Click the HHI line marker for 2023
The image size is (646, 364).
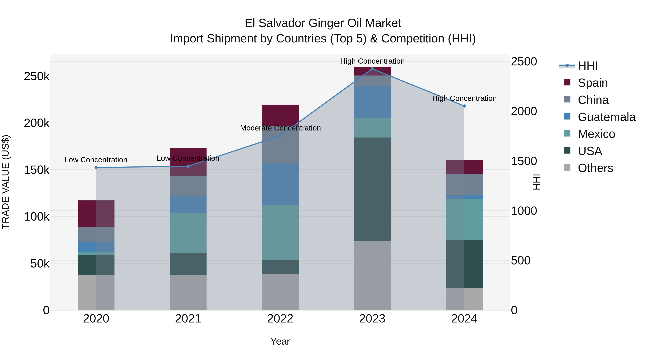[372, 69]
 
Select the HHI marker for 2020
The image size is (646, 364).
[96, 168]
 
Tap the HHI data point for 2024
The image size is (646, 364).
[464, 106]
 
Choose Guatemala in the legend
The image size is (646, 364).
[606, 117]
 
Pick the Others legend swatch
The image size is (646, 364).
[567, 168]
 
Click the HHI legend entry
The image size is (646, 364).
[588, 66]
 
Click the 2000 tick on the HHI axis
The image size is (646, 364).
[524, 111]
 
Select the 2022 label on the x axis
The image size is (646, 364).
[280, 319]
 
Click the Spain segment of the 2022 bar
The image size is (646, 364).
[280, 115]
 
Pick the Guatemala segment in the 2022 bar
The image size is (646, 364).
[280, 184]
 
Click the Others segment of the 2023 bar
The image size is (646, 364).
[372, 275]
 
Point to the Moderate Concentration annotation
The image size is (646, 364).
[280, 128]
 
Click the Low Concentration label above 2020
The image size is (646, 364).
[96, 160]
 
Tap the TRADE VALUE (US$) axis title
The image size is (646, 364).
[6, 182]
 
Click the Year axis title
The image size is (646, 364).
[280, 341]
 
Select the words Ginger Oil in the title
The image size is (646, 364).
[327, 23]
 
